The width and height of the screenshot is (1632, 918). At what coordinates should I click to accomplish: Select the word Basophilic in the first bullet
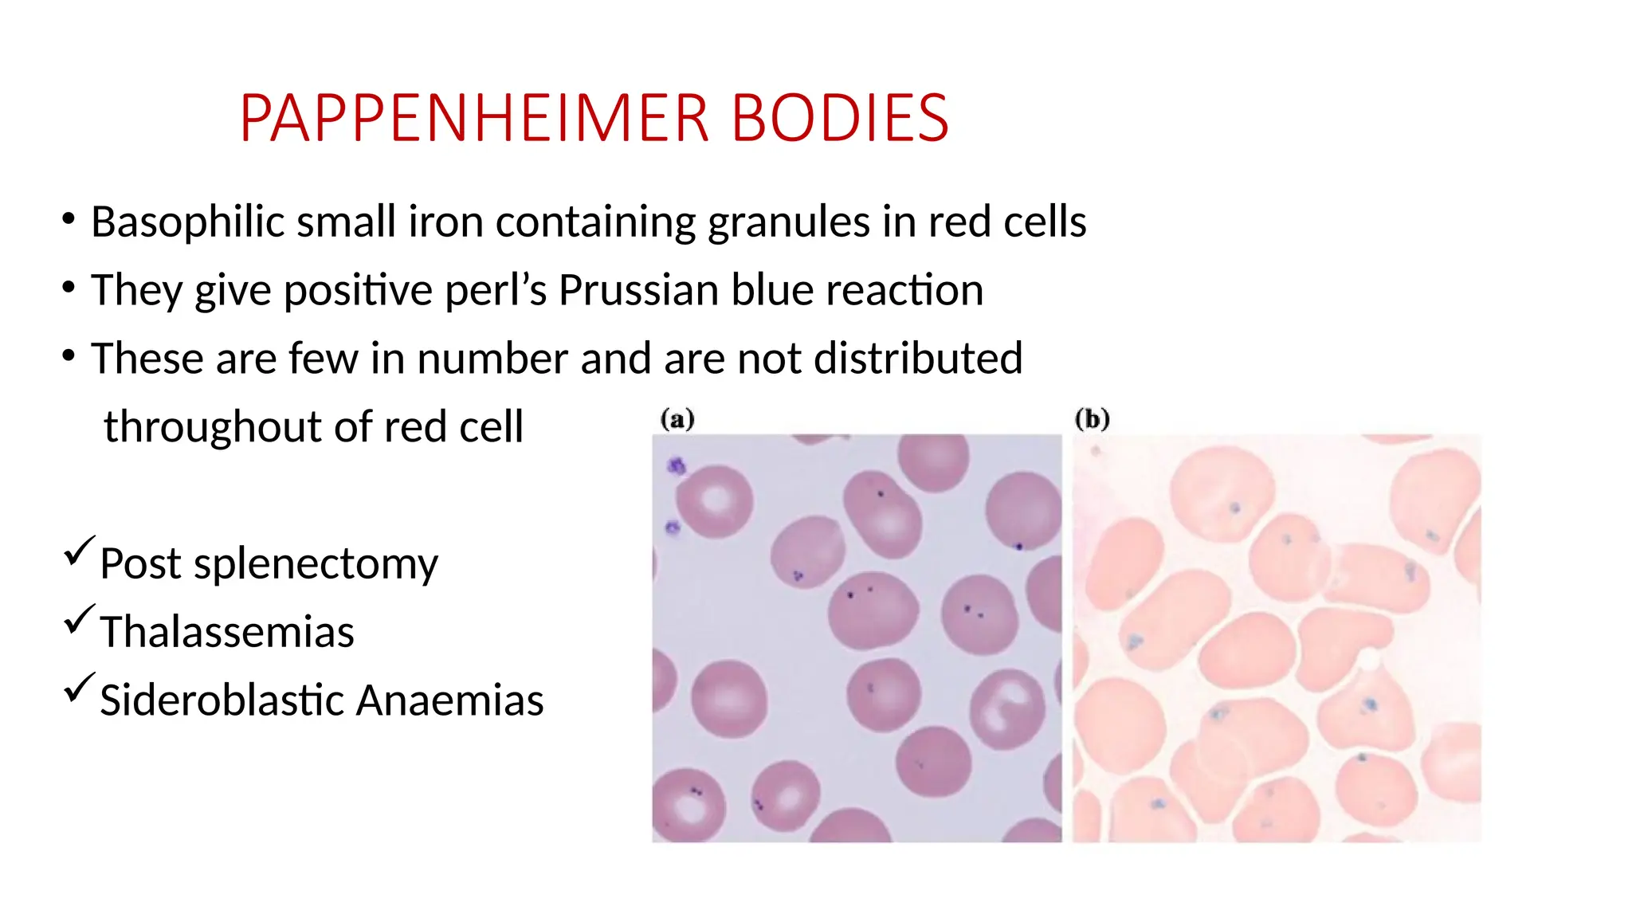click(x=187, y=222)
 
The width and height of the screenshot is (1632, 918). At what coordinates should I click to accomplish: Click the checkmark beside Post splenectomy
click(x=79, y=551)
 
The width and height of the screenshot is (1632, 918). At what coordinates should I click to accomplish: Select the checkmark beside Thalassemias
click(x=79, y=619)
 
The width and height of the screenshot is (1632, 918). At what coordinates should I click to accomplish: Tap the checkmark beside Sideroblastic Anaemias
click(x=79, y=687)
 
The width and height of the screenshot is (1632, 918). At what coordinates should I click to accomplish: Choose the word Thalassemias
click(x=227, y=633)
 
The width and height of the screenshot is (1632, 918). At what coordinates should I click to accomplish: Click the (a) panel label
click(x=677, y=419)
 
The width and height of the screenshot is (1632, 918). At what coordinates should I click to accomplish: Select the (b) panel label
click(x=1092, y=419)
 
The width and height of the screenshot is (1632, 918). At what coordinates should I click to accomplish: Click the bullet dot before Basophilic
click(x=69, y=218)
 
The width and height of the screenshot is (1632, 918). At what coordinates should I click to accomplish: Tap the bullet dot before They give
click(x=69, y=287)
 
